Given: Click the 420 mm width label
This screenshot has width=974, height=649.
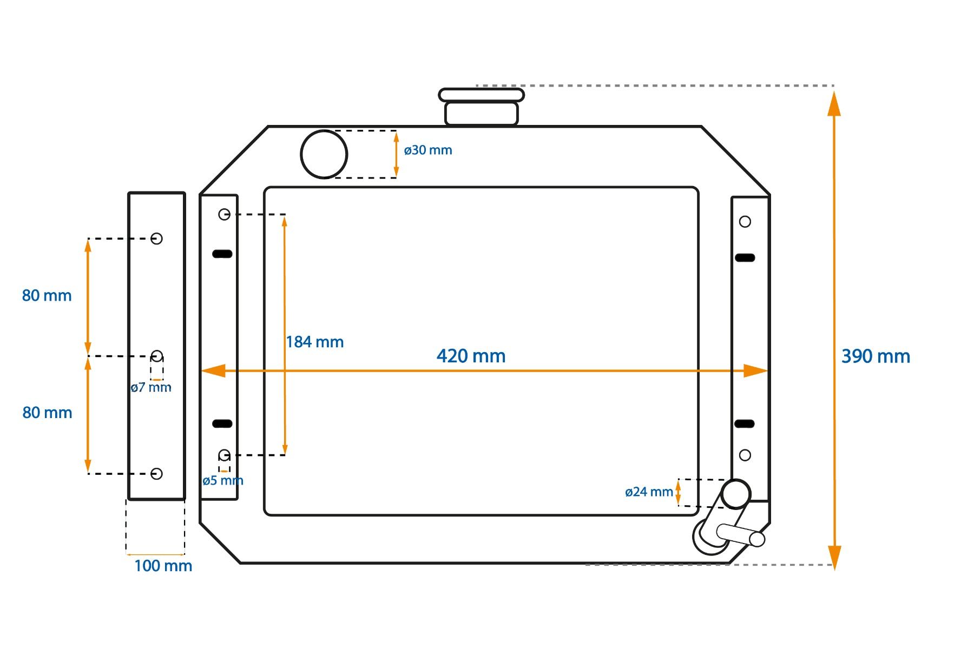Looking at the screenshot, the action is (x=471, y=356).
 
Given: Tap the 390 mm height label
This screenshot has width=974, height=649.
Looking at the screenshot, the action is (x=876, y=356).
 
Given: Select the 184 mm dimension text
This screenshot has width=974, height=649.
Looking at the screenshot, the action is (x=314, y=342).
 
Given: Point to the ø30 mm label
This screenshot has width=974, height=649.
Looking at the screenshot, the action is (x=427, y=150).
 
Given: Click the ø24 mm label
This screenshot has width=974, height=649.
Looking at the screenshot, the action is (x=649, y=492).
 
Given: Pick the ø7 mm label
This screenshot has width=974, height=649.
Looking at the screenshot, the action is (x=151, y=387).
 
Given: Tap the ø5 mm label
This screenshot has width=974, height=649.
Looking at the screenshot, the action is (x=223, y=480).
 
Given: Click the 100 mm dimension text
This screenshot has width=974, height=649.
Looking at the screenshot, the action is (x=163, y=566).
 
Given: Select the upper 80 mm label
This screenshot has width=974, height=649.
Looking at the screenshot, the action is (x=47, y=295).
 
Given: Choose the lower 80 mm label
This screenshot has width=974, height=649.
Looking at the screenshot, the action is (x=47, y=413).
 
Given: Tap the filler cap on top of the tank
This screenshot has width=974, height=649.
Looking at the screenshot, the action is (x=481, y=107).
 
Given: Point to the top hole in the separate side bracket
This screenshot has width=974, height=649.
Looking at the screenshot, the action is (x=156, y=239).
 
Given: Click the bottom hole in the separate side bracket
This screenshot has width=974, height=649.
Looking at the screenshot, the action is (x=156, y=474).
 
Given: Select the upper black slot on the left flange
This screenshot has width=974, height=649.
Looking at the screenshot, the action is (x=222, y=254).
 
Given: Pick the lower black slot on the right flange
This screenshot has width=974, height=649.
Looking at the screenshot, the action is (x=745, y=423).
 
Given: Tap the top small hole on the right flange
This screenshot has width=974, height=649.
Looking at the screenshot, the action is (x=745, y=222).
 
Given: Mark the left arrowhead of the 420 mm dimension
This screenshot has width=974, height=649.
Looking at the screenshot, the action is (x=213, y=370).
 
